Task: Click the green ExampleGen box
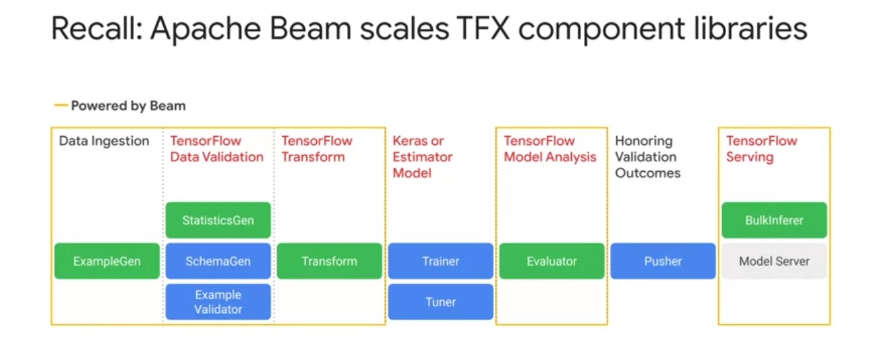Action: [x=107, y=261]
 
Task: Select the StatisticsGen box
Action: [x=218, y=220]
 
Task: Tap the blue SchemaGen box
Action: [x=218, y=261]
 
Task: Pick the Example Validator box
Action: [x=218, y=302]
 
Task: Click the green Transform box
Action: [x=330, y=261]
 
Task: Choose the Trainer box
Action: [x=440, y=261]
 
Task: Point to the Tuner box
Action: [x=440, y=302]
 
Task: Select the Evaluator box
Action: [x=552, y=261]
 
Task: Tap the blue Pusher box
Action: [x=663, y=261]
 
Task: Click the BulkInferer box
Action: [x=774, y=220]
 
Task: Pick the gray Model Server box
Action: [x=774, y=261]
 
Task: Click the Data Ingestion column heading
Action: [x=104, y=141]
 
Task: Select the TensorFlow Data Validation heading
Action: [x=217, y=149]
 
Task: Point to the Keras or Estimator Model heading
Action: [x=422, y=156]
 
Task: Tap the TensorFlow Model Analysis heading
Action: [x=550, y=149]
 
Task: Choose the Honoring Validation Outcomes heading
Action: [x=647, y=156]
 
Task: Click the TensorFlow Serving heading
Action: [x=761, y=149]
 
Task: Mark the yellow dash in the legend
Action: [x=61, y=105]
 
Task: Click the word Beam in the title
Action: [x=310, y=28]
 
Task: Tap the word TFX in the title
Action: [x=483, y=28]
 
